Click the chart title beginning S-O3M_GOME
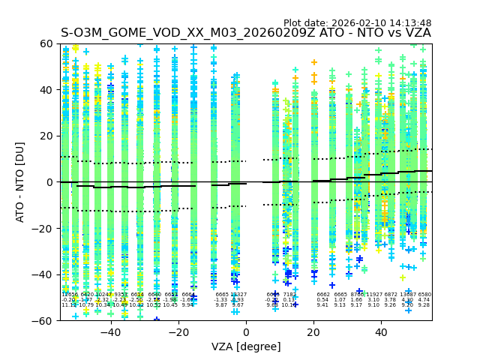(245, 33)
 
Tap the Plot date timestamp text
(357, 23)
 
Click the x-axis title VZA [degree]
(245, 346)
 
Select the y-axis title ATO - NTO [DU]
(20, 181)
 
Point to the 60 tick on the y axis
(46, 43)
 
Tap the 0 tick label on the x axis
(246, 331)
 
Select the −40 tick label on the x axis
(110, 331)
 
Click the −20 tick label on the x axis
(178, 331)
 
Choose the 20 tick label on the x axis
(313, 331)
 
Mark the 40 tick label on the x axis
(381, 331)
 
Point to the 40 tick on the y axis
(46, 90)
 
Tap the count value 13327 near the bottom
(238, 295)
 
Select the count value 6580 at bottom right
(424, 295)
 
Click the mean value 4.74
(424, 300)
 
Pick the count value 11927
(373, 295)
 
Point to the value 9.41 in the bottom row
(322, 305)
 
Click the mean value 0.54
(322, 300)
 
